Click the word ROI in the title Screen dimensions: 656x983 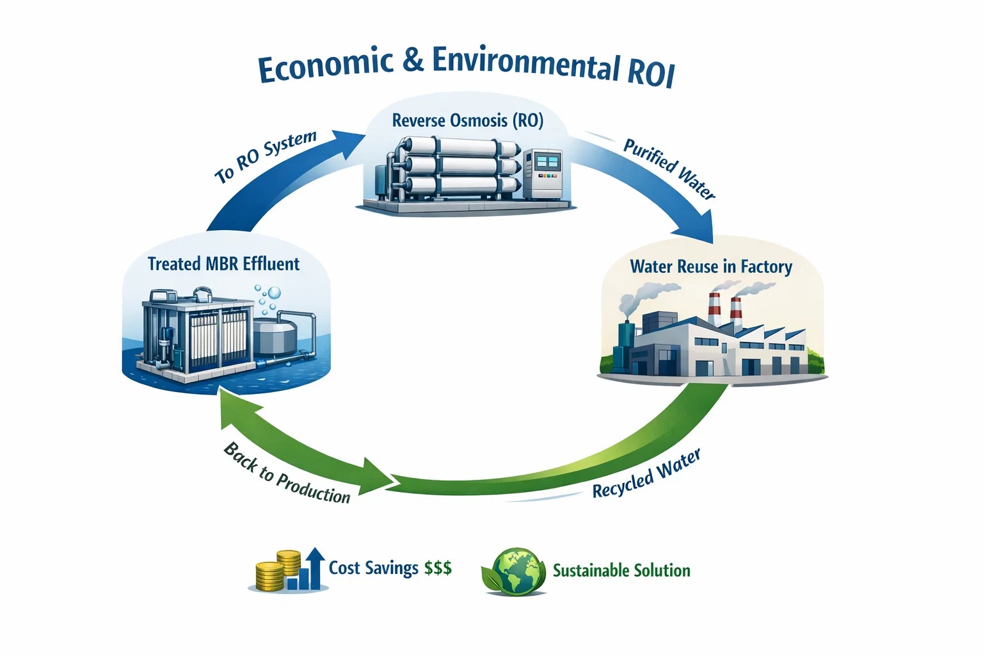pos(650,72)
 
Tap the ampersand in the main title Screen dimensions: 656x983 pos(413,60)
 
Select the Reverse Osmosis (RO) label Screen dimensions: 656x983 pos(467,120)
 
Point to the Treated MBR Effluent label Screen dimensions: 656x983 pos(223,264)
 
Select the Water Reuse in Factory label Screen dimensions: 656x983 pos(710,266)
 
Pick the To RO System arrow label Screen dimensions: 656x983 pos(265,157)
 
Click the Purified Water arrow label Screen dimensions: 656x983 pos(669,168)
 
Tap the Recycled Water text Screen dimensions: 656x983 pos(646,475)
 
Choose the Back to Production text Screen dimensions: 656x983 pos(287,474)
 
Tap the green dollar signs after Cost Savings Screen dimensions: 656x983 pos(438,568)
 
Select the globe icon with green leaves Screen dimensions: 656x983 pos(513,570)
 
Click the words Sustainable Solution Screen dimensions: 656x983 pos(621,570)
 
